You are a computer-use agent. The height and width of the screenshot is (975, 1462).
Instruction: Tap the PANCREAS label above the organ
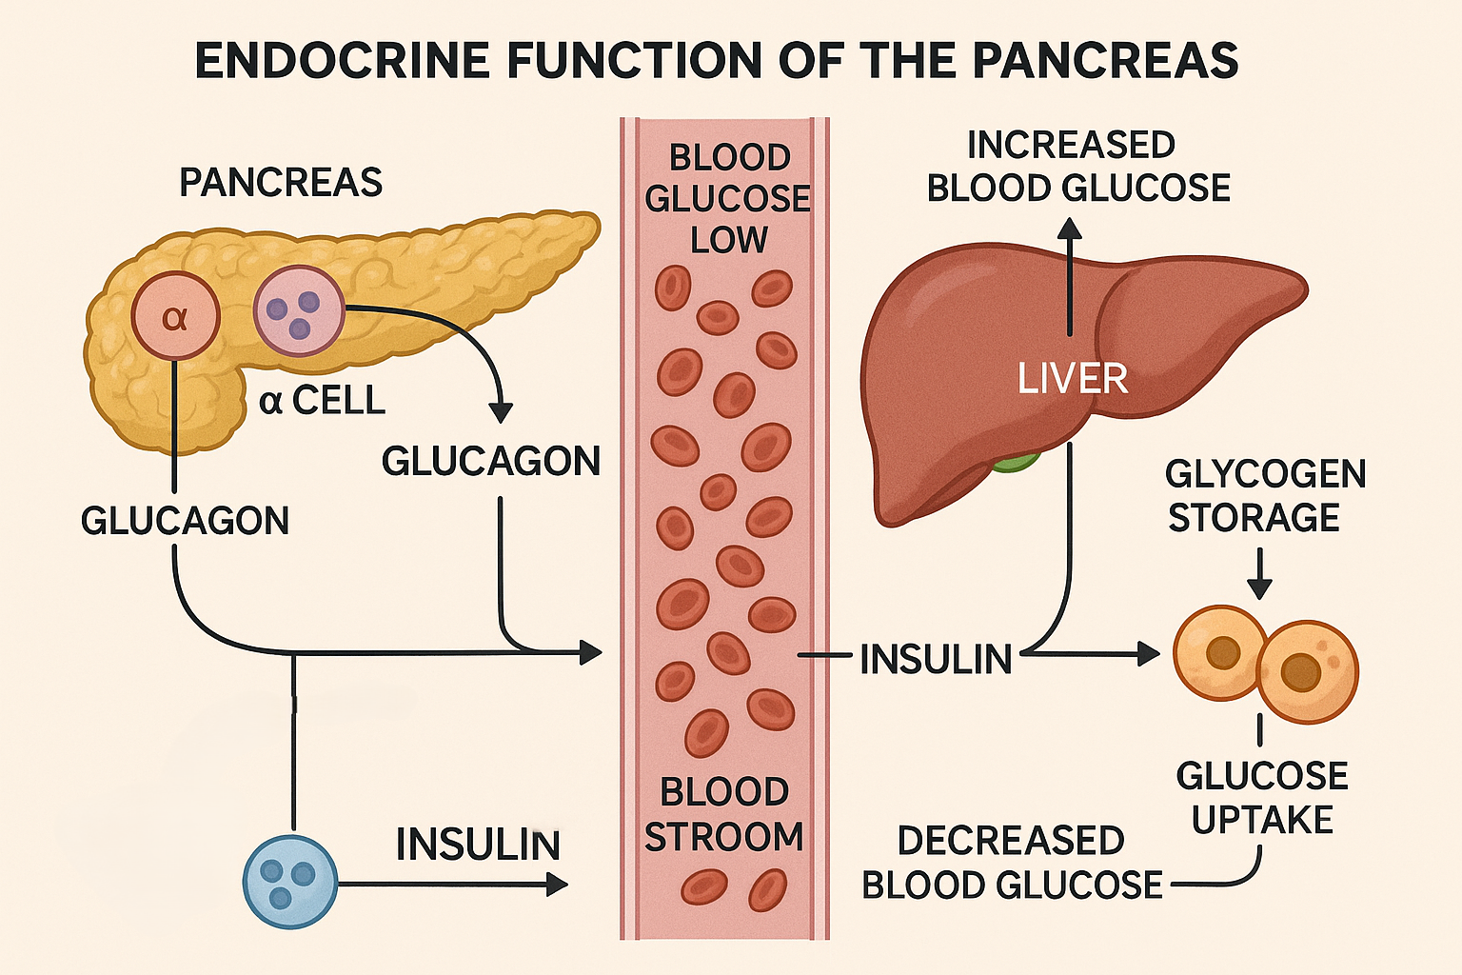(281, 183)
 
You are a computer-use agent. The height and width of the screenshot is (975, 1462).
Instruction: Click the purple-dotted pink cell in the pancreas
(299, 310)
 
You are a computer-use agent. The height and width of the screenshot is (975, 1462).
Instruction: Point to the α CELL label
(322, 401)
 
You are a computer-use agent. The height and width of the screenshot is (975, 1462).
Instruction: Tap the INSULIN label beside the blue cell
(478, 845)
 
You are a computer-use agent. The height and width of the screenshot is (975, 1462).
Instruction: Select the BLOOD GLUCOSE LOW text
(727, 198)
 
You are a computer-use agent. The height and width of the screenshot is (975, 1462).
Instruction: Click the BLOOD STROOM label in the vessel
(724, 814)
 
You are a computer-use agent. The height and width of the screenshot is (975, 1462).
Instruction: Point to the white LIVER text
(1072, 379)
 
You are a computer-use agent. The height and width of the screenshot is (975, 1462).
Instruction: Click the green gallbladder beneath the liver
(1016, 464)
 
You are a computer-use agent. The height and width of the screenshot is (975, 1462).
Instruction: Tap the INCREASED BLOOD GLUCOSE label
(1077, 167)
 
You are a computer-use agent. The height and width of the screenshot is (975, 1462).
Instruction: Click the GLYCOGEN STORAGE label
(1264, 495)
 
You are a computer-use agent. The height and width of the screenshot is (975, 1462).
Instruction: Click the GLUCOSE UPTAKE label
(1262, 797)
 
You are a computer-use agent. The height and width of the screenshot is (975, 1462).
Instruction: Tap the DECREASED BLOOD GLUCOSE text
(1011, 863)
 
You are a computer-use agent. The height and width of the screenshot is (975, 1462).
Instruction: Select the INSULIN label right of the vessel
(936, 659)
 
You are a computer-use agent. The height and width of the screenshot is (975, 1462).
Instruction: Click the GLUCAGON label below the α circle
(185, 521)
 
